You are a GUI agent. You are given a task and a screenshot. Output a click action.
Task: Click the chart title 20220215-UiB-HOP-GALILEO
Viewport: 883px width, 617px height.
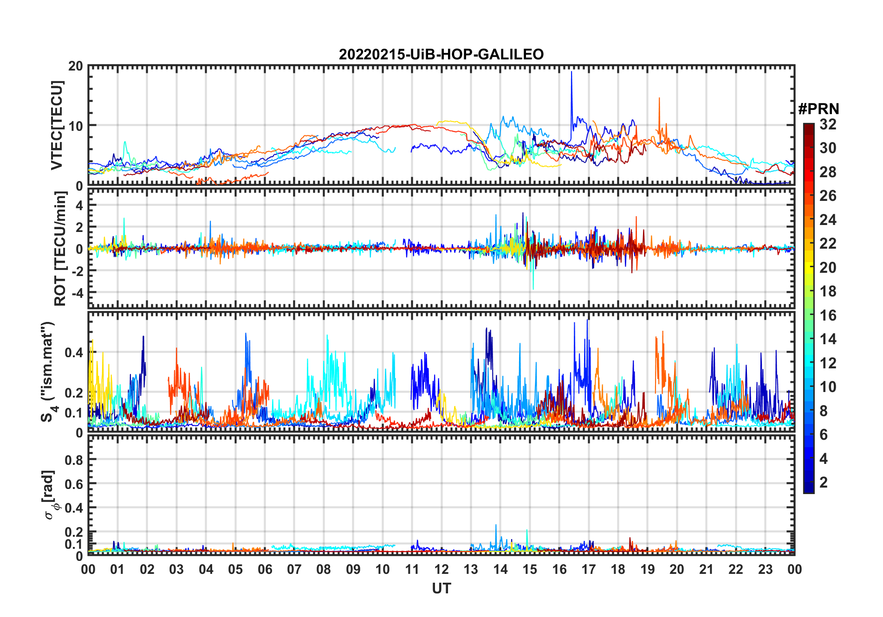pos(441,55)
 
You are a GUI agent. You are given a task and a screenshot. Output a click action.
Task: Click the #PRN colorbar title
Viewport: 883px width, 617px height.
pos(818,109)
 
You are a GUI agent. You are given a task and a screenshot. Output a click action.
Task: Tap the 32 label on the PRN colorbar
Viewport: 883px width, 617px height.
pos(828,124)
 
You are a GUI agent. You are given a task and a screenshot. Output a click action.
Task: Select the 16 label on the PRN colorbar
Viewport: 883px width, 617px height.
pos(828,315)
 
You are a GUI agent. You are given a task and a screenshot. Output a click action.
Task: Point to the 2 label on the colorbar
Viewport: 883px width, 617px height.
pos(824,482)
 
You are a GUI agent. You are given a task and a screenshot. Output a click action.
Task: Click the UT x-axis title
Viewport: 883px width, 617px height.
pos(441,589)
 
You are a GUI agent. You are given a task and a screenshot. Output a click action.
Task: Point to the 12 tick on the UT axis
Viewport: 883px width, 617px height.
pos(441,569)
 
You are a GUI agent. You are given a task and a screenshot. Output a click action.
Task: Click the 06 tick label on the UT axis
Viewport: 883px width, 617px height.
pos(265,569)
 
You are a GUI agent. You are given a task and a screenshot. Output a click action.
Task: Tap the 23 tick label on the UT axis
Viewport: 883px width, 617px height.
pos(765,569)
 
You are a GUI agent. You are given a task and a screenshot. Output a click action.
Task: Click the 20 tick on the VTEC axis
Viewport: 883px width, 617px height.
pos(76,66)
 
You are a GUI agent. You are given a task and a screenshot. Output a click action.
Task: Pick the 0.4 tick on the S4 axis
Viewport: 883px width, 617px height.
pos(74,353)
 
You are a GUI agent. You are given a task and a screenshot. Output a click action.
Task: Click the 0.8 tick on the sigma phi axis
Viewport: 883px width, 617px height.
pos(74,460)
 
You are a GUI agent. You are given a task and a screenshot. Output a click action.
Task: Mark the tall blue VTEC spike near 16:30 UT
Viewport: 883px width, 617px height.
pos(571,74)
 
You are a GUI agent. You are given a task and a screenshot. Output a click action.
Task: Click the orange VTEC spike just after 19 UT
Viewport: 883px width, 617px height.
pos(659,100)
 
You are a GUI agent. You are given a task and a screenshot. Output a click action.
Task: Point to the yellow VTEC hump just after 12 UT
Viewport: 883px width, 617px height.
pos(450,122)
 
